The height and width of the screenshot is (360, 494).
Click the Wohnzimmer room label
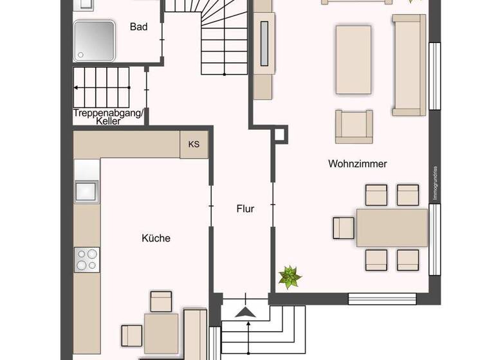click(358, 164)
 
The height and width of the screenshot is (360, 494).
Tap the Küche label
click(156, 238)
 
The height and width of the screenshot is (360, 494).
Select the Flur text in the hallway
click(245, 209)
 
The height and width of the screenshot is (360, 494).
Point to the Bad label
click(138, 27)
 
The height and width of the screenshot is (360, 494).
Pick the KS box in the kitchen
click(194, 144)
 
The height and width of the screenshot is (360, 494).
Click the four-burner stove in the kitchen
click(87, 259)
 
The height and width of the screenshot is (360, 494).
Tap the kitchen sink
click(86, 191)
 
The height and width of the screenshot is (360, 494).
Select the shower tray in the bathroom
click(94, 40)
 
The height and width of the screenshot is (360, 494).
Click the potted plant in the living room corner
click(289, 277)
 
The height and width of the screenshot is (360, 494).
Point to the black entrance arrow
click(244, 312)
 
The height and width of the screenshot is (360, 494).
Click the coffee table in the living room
click(353, 59)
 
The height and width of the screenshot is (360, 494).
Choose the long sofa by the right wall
click(409, 65)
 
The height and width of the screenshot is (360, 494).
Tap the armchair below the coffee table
click(354, 126)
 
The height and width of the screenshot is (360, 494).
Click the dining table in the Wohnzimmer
click(392, 228)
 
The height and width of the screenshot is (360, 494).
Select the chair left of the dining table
click(343, 228)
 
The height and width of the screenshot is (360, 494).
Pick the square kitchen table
click(161, 332)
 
